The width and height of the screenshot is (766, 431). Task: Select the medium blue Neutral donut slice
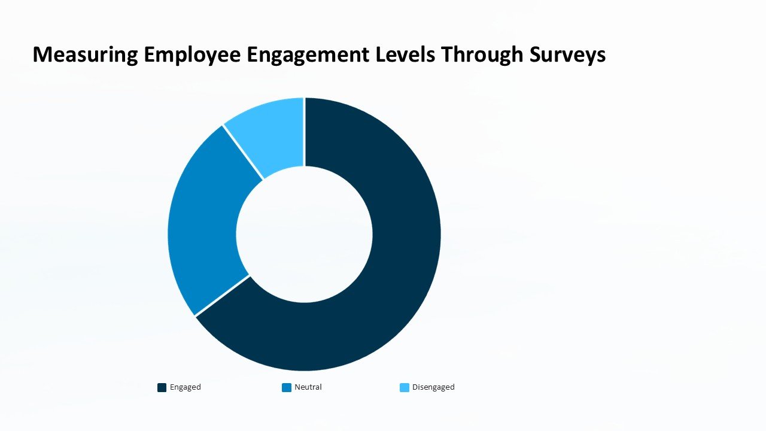click(203, 227)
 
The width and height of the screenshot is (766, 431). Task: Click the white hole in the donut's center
click(304, 233)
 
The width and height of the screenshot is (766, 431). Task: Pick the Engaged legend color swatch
click(162, 387)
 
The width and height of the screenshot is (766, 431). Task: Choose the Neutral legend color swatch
click(287, 387)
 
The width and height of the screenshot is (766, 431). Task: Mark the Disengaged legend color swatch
click(405, 387)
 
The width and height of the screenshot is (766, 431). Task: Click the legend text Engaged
click(186, 387)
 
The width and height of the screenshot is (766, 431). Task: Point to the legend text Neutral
click(308, 387)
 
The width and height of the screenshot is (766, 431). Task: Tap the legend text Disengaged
click(433, 387)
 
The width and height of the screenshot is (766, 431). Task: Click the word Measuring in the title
click(86, 54)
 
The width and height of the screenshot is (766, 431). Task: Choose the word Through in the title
click(482, 54)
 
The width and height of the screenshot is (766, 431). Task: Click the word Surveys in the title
click(567, 54)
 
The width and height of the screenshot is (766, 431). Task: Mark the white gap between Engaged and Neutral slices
click(222, 296)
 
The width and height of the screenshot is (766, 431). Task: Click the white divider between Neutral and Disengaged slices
click(244, 152)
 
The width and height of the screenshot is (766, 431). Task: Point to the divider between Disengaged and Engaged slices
click(304, 132)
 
